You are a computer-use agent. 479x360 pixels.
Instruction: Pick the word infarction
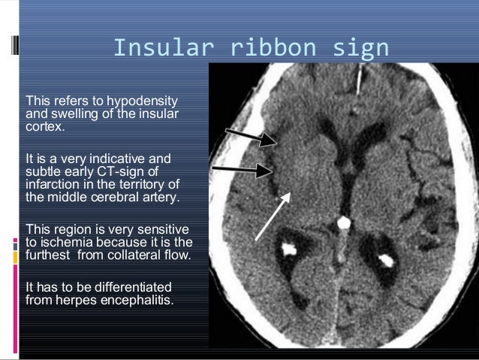(53, 184)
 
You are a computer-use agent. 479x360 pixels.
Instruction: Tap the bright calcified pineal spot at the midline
(344, 223)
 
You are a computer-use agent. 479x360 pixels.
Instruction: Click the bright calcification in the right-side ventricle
(386, 261)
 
